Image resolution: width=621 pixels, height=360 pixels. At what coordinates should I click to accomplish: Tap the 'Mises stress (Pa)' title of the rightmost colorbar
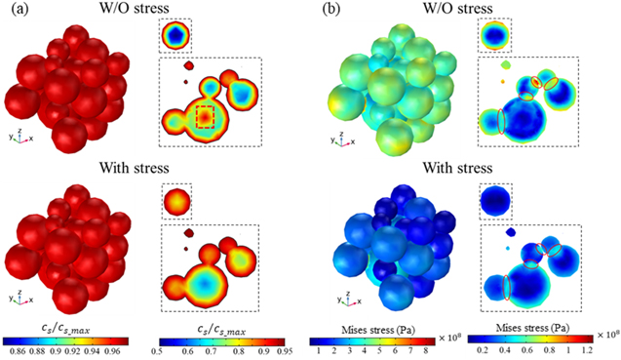coord(542,315)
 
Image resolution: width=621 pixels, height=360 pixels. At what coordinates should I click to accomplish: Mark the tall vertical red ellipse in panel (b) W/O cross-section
coord(502,121)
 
